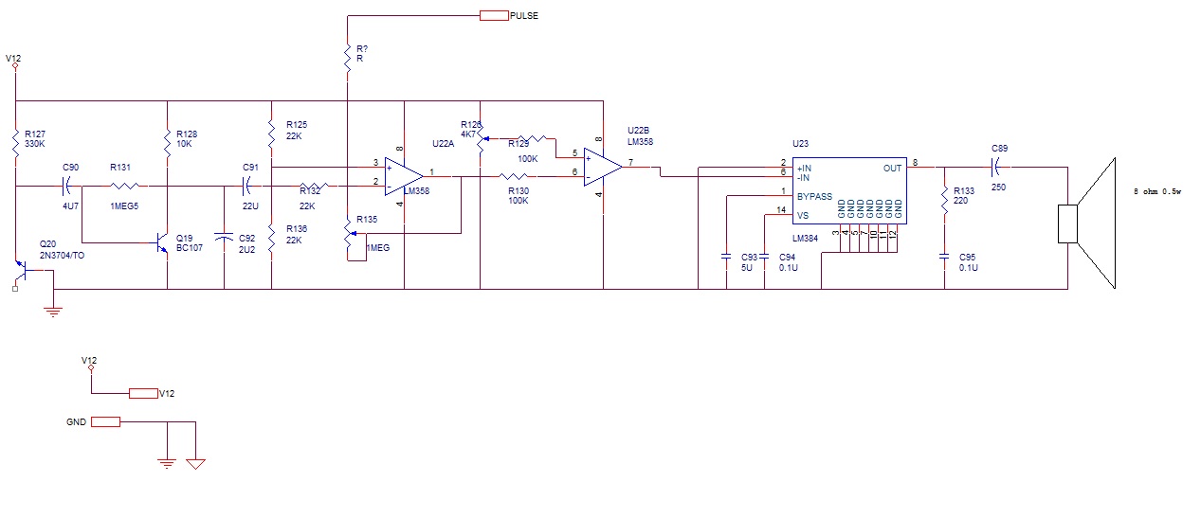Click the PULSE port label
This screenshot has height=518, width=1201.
524,16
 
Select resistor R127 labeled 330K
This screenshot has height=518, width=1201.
16,143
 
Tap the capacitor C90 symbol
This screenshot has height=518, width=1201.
68,186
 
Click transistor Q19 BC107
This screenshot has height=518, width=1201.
160,243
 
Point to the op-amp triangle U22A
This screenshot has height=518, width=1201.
403,176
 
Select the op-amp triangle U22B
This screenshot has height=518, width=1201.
602,167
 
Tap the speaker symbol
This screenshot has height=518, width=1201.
1090,223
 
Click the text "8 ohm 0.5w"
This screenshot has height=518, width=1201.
1157,192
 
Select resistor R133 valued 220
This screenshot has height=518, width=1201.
944,200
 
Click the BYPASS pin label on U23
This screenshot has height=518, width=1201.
814,197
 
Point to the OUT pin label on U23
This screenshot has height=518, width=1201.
892,168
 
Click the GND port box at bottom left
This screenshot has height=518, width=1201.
106,422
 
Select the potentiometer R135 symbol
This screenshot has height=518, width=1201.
348,241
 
